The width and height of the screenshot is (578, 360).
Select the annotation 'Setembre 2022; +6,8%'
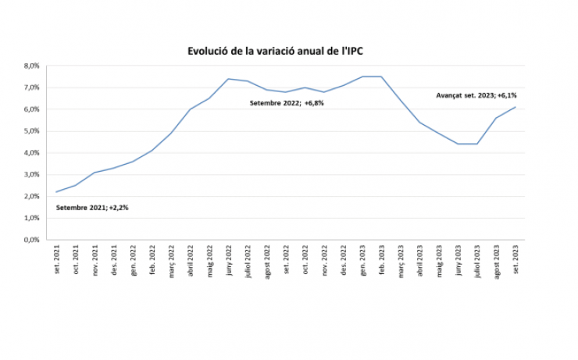287,102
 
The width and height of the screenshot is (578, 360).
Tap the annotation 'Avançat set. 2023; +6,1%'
476,95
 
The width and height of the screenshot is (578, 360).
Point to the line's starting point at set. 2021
57,192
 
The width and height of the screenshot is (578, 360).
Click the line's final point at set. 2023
516,107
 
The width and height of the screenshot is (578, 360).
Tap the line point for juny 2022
228,79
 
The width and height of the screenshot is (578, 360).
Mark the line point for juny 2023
458,144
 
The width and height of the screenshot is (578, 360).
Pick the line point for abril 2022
191,109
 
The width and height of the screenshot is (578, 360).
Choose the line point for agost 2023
496,118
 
